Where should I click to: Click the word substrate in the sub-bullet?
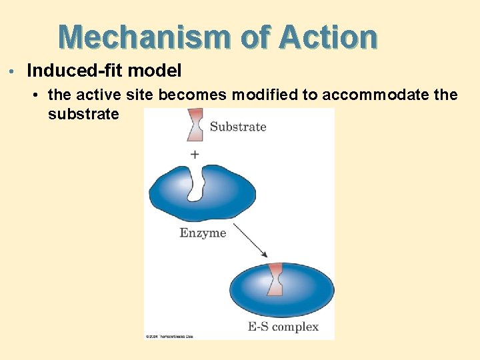[x=83, y=114]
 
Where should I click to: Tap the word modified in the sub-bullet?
[x=265, y=95]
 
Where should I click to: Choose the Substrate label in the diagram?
[x=238, y=127]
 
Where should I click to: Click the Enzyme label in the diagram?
[x=203, y=233]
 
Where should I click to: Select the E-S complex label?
[x=283, y=327]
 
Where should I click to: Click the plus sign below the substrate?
[x=195, y=154]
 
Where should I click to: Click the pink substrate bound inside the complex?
[x=275, y=279]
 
